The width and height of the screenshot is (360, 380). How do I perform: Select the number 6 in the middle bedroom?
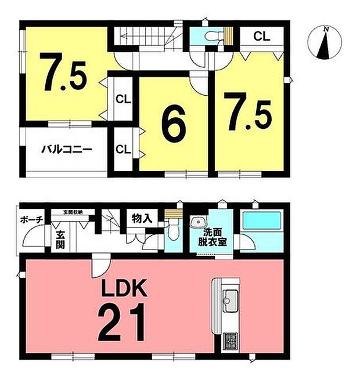(172, 124)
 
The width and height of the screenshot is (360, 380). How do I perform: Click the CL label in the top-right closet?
(261, 36)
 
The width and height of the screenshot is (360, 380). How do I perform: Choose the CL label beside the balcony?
(123, 149)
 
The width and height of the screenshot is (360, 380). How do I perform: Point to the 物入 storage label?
(142, 218)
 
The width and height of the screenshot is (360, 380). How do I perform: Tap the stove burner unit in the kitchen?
(229, 339)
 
